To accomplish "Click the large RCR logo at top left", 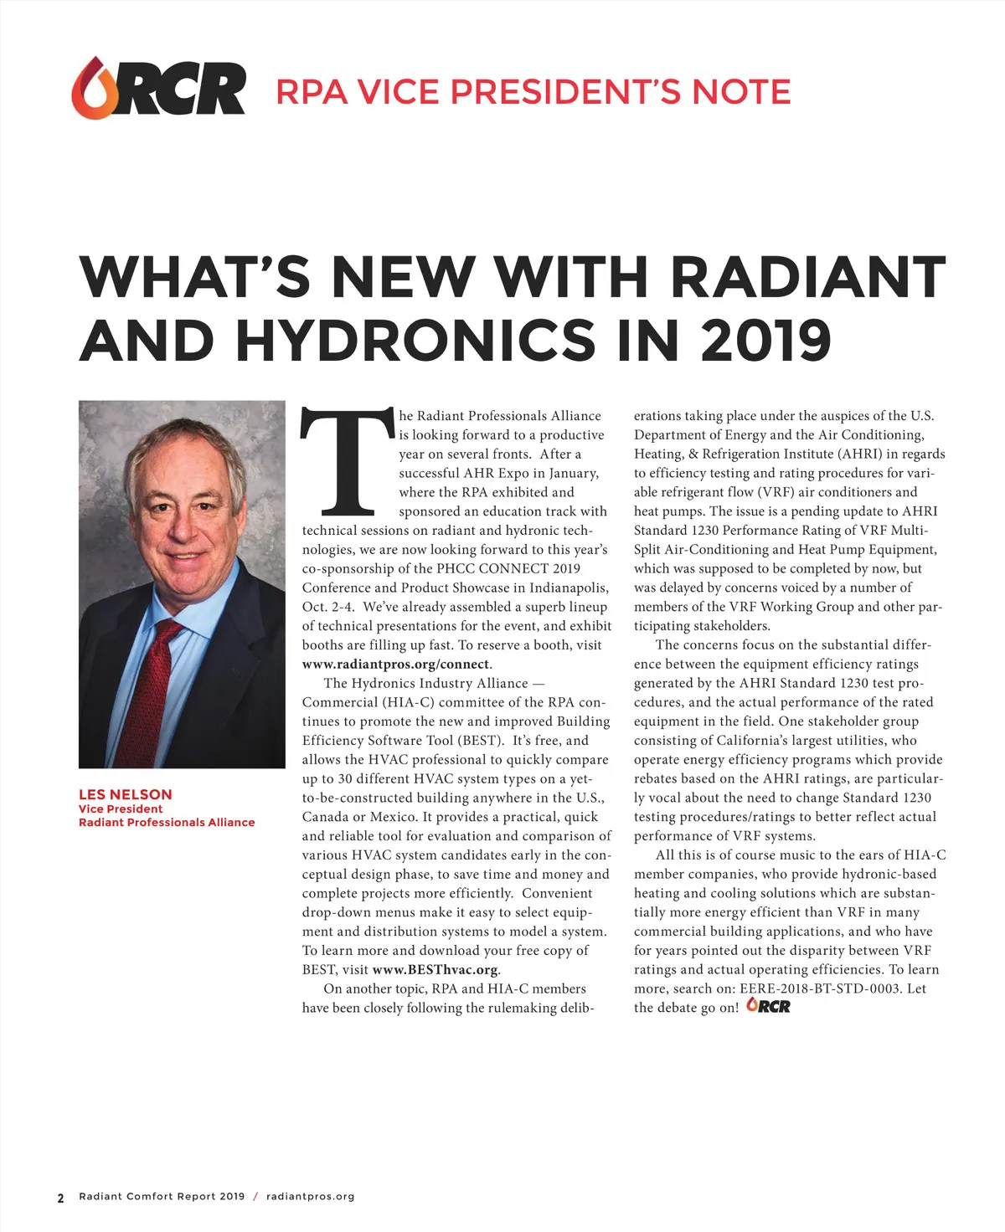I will (158, 87).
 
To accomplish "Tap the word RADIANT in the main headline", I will (808, 276).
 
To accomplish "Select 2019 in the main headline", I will (765, 341).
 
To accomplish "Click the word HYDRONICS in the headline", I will (415, 341).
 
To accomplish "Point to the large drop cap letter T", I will (347, 462).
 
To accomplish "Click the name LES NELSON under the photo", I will (126, 794).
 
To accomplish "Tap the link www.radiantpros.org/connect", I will (395, 665).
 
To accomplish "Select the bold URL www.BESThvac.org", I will (435, 970).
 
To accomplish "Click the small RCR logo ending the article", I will (768, 1005).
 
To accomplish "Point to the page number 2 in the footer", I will (60, 1198).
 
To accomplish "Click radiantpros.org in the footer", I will (310, 1197).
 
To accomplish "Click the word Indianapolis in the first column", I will (569, 588).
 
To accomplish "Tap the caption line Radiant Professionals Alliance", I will (167, 823).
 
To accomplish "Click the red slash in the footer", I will (255, 1197).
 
